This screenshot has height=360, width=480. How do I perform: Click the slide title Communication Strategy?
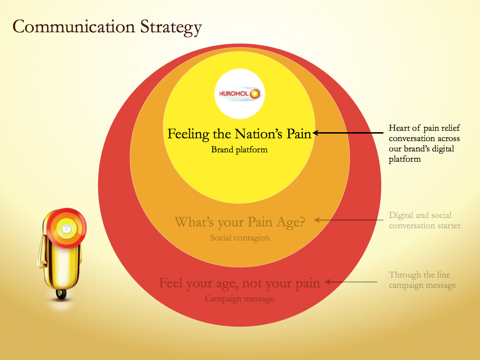click(x=107, y=27)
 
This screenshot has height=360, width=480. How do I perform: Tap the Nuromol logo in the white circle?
click(x=240, y=93)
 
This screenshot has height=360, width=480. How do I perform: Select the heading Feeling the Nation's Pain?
click(x=240, y=134)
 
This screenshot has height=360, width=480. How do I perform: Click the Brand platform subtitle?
click(x=240, y=150)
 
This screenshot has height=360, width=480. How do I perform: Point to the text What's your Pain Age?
click(x=240, y=222)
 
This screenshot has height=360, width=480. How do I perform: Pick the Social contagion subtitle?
click(x=240, y=238)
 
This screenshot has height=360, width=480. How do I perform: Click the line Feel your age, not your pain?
click(x=240, y=283)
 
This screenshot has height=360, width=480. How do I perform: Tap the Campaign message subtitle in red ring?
click(x=240, y=299)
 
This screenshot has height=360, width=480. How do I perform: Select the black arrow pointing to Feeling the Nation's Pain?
click(x=348, y=133)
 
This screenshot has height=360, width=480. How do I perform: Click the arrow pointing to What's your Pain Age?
click(x=349, y=220)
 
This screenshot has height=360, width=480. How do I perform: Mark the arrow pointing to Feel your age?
click(x=351, y=282)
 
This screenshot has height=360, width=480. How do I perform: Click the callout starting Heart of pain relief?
click(x=424, y=143)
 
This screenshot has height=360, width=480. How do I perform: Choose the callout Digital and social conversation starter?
click(x=425, y=220)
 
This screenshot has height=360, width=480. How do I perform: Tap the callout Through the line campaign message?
click(x=422, y=280)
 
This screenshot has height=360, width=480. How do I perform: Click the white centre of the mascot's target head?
click(x=67, y=228)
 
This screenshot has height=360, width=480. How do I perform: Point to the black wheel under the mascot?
click(x=61, y=294)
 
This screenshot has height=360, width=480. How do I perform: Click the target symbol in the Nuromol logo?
click(x=255, y=94)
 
